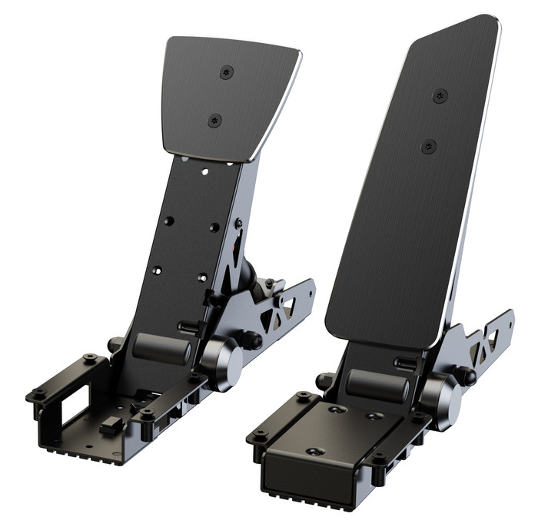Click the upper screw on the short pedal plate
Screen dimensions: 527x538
click(226, 71)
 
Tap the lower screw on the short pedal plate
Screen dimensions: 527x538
click(215, 120)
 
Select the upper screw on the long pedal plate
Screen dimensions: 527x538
click(440, 96)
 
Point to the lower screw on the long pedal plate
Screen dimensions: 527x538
click(429, 146)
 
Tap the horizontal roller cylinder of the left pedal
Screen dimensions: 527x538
click(161, 349)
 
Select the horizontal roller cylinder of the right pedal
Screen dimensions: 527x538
click(377, 386)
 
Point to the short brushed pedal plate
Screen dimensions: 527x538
click(228, 96)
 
